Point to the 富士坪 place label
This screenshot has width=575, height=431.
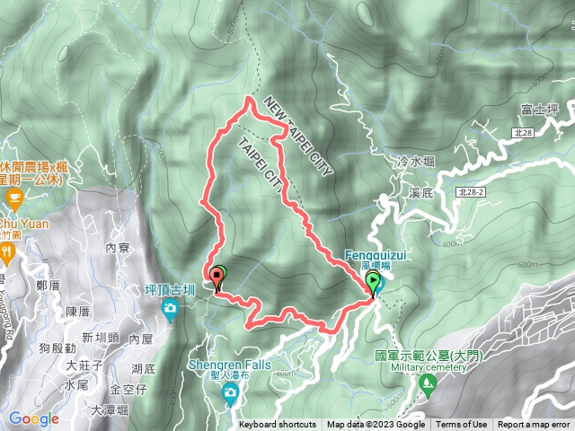[540, 110]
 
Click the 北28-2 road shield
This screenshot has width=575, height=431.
[469, 192]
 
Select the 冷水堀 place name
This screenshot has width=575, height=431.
[415, 162]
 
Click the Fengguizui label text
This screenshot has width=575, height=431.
[375, 255]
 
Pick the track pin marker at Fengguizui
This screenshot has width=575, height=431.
[374, 285]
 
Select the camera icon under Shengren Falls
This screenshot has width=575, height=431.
[231, 392]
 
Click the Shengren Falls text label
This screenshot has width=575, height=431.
[229, 365]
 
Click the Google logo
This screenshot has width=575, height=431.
[34, 418]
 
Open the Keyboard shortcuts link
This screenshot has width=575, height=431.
[278, 425]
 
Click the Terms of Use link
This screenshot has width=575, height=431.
[462, 425]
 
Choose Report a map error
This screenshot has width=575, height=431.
[535, 425]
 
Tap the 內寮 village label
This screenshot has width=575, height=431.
[118, 247]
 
